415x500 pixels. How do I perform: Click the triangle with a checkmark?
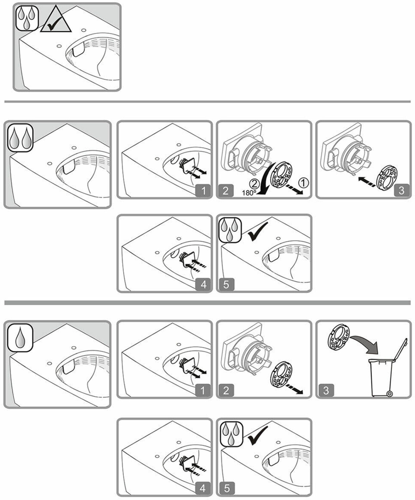56,20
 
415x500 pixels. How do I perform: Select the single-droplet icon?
20,338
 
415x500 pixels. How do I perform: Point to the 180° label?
249,193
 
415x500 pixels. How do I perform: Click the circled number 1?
303,183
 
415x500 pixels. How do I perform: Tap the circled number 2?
254,184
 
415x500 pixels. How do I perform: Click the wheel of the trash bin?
390,394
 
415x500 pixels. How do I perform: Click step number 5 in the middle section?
226,284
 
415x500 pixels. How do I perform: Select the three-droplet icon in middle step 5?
230,230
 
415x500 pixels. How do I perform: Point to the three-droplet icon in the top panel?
27,18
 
